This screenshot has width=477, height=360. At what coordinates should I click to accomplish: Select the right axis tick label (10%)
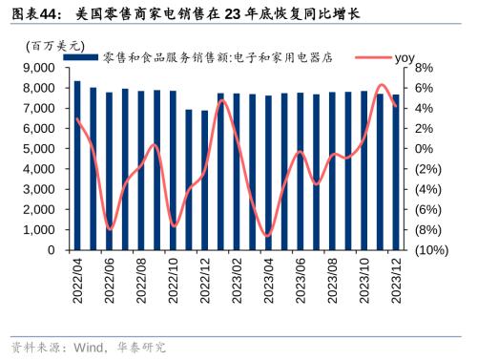(x=430, y=250)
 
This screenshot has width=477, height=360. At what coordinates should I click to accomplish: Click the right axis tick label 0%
(x=425, y=149)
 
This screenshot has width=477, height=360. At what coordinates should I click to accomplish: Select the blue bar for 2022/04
(x=77, y=165)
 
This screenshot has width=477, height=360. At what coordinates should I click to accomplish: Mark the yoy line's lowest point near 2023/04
(x=268, y=236)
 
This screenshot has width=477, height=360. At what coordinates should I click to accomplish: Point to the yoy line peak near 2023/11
(x=382, y=85)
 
